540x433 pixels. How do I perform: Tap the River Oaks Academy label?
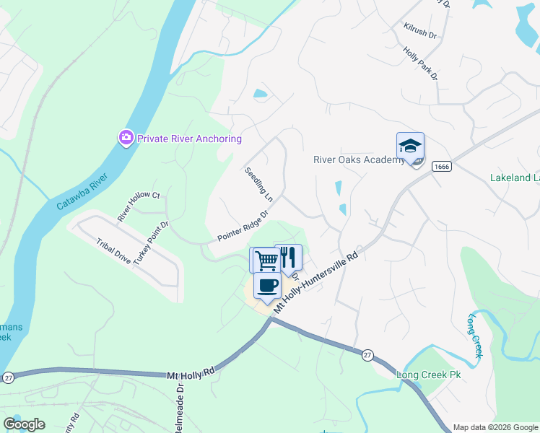358,159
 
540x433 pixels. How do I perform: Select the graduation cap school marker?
410,147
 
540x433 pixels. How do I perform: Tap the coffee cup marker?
267,286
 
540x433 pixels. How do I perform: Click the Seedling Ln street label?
258,185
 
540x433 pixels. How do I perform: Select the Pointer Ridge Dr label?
243,227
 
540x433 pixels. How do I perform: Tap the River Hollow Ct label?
139,206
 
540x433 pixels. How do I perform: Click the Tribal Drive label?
113,249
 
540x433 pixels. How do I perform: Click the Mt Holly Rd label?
192,375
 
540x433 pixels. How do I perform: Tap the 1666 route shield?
442,167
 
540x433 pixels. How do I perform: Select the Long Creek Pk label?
428,375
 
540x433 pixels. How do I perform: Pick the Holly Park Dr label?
420,64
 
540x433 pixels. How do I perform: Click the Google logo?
25,424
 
